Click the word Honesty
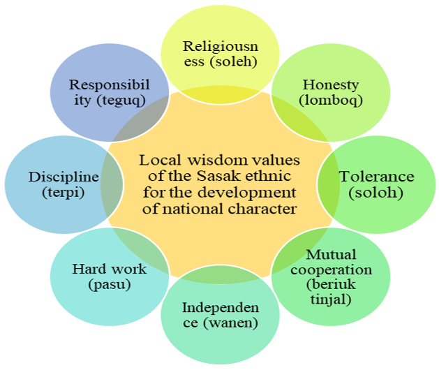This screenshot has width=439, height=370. coord(331,85)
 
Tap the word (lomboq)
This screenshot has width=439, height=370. coord(331,101)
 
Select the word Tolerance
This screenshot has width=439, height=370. coord(377,177)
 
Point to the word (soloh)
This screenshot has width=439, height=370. coord(375,193)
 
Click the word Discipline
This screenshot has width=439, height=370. coord(64,177)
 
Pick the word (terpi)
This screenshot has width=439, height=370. coord(64,193)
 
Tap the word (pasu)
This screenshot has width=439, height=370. coord(110,285)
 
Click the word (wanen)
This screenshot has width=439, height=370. coord(230,323)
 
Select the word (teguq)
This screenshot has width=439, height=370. coord(121,101)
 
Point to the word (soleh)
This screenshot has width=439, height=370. coord(233,62)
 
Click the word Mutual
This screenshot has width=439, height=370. coord(332,255)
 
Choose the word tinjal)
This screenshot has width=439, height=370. coord(331,299)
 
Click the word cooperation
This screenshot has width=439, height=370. coord(332,270)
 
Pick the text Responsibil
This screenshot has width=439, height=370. coord(110,85)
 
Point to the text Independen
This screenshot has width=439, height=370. coord(221,308)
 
